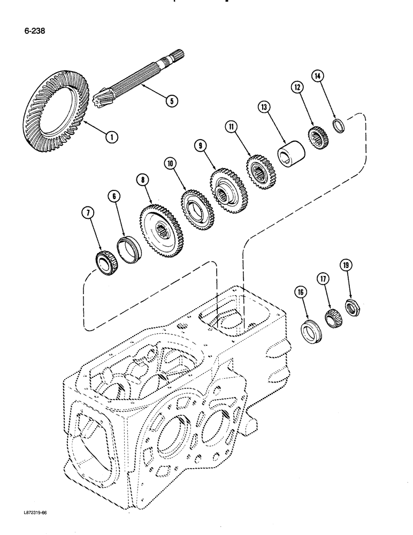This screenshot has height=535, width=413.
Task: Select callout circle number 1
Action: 111,137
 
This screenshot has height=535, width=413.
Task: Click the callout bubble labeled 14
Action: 318,77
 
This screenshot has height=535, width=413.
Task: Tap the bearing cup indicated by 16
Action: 309,331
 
